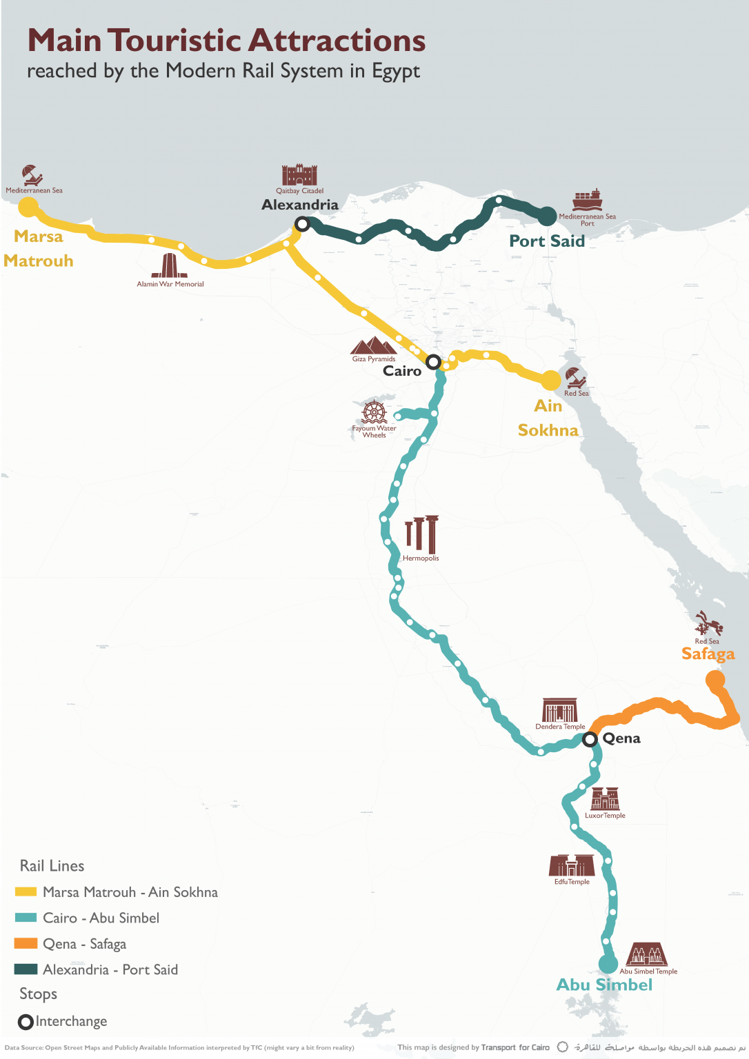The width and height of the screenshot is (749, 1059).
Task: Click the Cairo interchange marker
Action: [432, 362]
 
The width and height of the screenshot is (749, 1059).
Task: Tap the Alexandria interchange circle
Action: [302, 223]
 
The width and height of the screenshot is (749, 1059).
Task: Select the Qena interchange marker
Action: [590, 740]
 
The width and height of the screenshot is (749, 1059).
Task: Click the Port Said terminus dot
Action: [547, 216]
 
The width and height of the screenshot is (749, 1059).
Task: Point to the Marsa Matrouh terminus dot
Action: [28, 207]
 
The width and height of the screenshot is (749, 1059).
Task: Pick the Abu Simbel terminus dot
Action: [608, 964]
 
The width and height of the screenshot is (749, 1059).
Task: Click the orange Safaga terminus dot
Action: [715, 680]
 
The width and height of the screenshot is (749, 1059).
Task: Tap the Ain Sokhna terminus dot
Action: [550, 380]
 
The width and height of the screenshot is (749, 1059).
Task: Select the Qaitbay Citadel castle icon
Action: [299, 175]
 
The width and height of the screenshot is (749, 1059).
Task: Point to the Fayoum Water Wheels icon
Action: [374, 412]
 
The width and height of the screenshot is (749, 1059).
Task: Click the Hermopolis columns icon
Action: [421, 534]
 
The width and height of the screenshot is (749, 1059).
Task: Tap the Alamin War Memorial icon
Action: [169, 266]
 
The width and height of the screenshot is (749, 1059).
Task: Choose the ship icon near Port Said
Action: [588, 199]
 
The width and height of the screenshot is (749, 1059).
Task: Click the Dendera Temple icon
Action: [559, 710]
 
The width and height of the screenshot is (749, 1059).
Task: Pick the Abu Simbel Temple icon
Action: [647, 955]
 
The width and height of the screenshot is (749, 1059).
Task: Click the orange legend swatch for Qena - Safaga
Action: [26, 943]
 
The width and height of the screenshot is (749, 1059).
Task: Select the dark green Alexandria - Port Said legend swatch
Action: [26, 969]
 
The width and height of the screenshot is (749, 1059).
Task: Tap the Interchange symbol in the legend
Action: [26, 1022]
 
